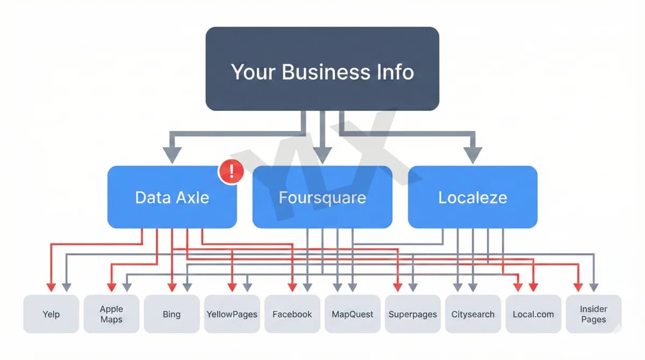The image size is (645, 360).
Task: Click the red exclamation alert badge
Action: (x=231, y=172)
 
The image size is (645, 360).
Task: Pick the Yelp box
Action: (x=51, y=314)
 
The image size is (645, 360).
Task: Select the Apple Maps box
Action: (x=111, y=314)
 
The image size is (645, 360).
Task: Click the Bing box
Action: (x=171, y=314)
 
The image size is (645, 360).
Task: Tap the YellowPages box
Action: (x=232, y=314)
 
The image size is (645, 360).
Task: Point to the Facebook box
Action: (x=292, y=314)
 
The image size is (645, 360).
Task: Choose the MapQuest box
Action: (x=352, y=314)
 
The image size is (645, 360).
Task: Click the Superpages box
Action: (x=412, y=314)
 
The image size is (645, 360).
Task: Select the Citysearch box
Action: (x=472, y=314)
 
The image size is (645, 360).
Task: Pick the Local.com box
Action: (x=533, y=314)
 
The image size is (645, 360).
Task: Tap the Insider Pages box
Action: (x=593, y=314)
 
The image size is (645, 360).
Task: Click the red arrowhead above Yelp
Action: (x=51, y=286)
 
